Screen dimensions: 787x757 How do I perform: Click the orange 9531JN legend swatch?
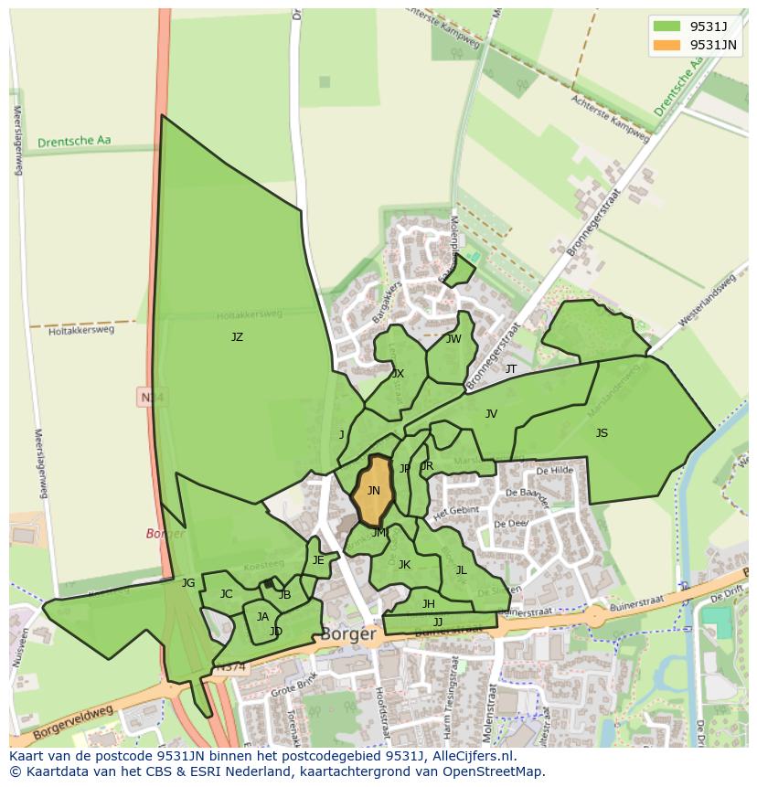667,45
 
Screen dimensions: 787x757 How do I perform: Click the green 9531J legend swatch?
667,26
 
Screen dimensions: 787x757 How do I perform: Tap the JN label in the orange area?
373,491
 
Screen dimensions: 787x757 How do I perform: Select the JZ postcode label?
237,337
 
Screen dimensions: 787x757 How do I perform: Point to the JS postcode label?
602,433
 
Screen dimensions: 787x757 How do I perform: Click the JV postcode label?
491,414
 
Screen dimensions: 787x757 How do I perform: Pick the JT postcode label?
511,369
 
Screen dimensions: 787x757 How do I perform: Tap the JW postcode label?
453,339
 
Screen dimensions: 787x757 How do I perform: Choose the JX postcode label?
398,374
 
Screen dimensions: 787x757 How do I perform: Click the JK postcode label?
404,565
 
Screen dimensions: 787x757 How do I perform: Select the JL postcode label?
461,570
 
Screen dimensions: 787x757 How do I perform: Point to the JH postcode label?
428,604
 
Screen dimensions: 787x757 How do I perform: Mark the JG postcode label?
188,583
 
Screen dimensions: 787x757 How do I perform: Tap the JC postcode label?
226,594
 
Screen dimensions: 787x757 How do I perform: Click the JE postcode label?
318,560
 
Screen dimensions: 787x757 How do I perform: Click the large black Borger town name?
348,633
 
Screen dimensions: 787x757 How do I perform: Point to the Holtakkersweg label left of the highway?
81,330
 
